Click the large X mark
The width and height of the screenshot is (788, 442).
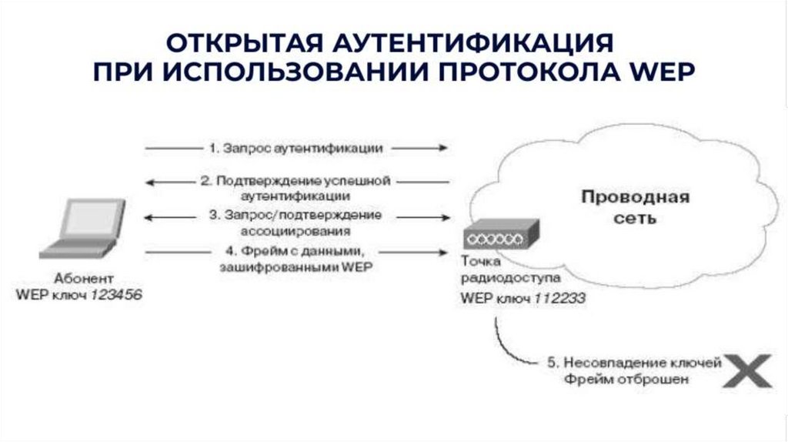746,370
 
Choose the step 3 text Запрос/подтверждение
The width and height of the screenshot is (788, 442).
295,215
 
